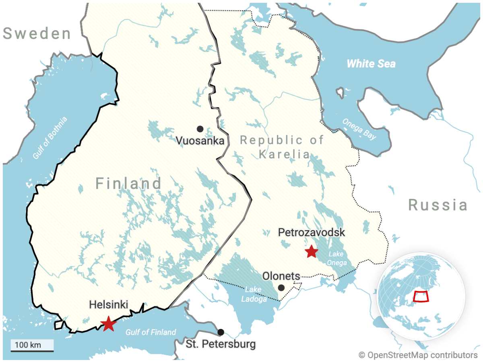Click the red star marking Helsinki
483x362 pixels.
coord(108,323)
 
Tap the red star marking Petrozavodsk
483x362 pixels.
coord(311,252)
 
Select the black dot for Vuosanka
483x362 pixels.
coord(200,129)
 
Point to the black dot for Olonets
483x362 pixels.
coord(281,288)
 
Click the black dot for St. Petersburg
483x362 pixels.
coord(221,332)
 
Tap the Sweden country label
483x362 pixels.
coord(37,34)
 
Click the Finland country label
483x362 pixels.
coord(128,184)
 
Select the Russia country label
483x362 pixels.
coord(438,205)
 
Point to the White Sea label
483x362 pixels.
coord(371,64)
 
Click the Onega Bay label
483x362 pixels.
coord(359,129)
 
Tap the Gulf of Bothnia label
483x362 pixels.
coord(50,138)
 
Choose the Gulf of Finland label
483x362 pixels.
coord(151,332)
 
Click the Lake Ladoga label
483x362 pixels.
coord(254,294)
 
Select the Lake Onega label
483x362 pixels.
coord(337,258)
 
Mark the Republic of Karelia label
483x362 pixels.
coord(282,147)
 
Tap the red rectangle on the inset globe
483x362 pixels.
coord(421,296)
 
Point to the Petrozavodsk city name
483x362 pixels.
coord(311,233)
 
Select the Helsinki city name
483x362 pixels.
coord(108,305)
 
